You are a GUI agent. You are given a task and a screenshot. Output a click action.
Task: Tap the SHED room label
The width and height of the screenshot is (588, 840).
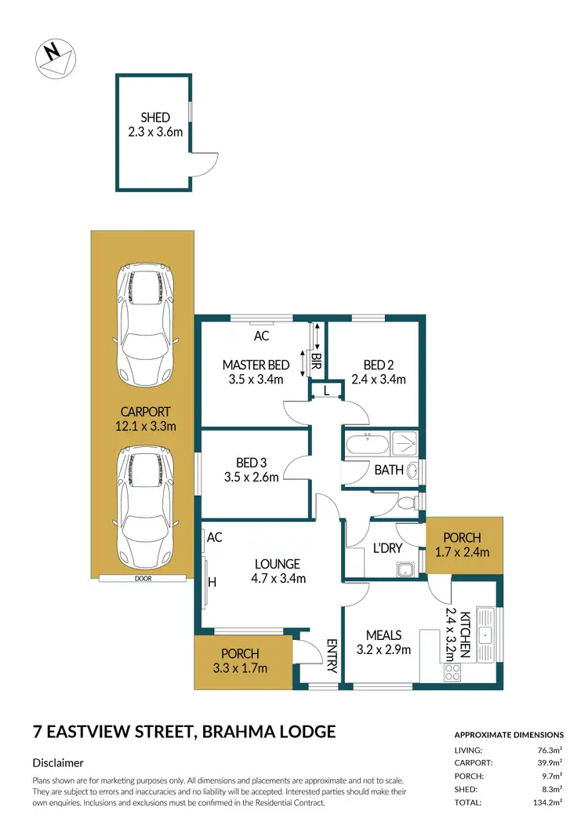[155, 118]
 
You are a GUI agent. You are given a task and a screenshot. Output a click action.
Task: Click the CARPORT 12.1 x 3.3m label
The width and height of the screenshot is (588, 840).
[145, 420]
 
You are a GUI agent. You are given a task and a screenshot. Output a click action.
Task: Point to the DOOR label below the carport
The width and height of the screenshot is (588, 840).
[143, 579]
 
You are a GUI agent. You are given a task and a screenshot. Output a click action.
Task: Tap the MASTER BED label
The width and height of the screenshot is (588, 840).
[256, 365]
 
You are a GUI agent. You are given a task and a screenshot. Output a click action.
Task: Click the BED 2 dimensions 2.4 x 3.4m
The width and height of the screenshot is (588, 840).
[384, 380]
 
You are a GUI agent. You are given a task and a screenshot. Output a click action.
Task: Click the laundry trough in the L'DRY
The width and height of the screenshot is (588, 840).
[406, 570]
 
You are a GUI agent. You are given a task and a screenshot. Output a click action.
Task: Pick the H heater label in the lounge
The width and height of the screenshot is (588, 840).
[212, 582]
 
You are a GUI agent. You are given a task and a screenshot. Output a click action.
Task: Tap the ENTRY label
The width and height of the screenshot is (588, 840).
[331, 656]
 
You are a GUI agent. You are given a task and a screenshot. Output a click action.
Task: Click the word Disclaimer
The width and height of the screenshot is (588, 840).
[58, 762]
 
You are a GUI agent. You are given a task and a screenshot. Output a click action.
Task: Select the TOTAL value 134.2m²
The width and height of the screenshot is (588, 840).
[546, 803]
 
